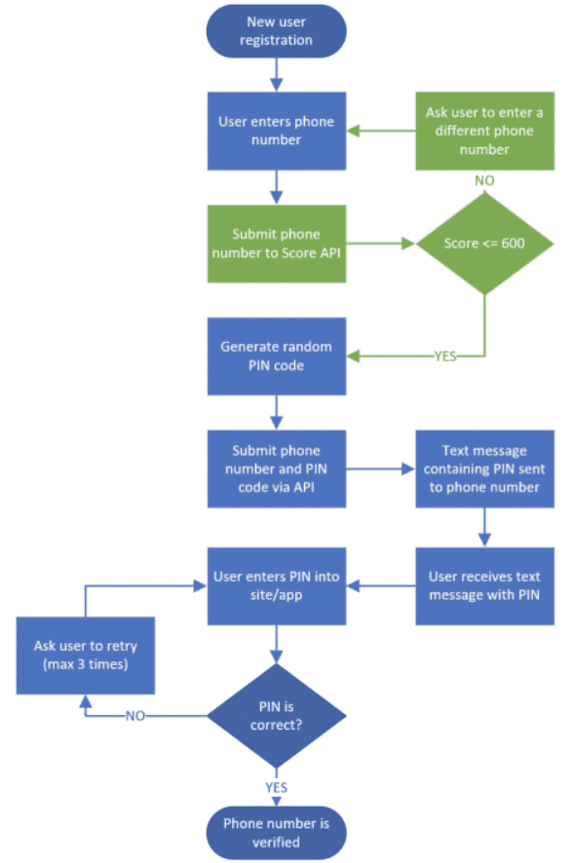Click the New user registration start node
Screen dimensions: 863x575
click(x=277, y=31)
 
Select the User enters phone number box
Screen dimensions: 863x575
click(x=277, y=130)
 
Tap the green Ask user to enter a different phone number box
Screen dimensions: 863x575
click(x=484, y=130)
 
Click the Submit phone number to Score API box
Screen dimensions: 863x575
click(x=277, y=244)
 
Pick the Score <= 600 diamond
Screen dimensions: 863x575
click(x=484, y=244)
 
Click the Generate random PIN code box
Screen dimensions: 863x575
click(x=277, y=356)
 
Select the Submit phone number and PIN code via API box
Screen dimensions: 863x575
click(x=277, y=469)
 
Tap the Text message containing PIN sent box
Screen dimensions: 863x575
click(x=484, y=469)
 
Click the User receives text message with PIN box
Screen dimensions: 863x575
click(x=484, y=584)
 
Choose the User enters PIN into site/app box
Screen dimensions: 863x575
click(x=277, y=584)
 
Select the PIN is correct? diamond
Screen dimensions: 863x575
click(x=277, y=716)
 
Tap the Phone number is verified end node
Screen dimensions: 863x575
click(x=277, y=830)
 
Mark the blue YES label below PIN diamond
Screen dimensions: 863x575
click(x=277, y=786)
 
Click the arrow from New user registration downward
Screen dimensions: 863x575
click(x=277, y=74)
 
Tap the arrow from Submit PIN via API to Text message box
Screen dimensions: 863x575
click(x=380, y=469)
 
